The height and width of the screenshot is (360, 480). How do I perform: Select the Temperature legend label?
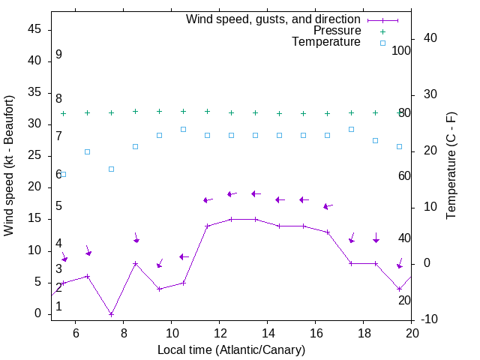(x=326, y=42)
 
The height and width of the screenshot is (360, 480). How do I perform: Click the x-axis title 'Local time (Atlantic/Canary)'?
(x=232, y=349)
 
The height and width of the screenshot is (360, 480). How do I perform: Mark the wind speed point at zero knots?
(x=111, y=314)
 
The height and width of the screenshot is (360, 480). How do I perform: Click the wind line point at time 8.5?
(x=135, y=263)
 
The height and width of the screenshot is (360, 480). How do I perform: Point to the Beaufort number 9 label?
(x=58, y=55)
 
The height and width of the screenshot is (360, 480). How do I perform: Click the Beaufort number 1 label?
(x=58, y=306)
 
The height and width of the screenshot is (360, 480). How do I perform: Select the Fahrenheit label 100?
(x=402, y=50)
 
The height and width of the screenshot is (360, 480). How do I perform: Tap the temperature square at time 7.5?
(x=111, y=169)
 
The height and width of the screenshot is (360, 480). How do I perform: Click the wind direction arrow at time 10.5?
(x=184, y=257)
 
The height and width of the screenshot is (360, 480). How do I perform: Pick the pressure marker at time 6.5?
(x=87, y=112)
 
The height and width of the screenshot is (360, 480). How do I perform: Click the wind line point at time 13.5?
(x=255, y=219)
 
